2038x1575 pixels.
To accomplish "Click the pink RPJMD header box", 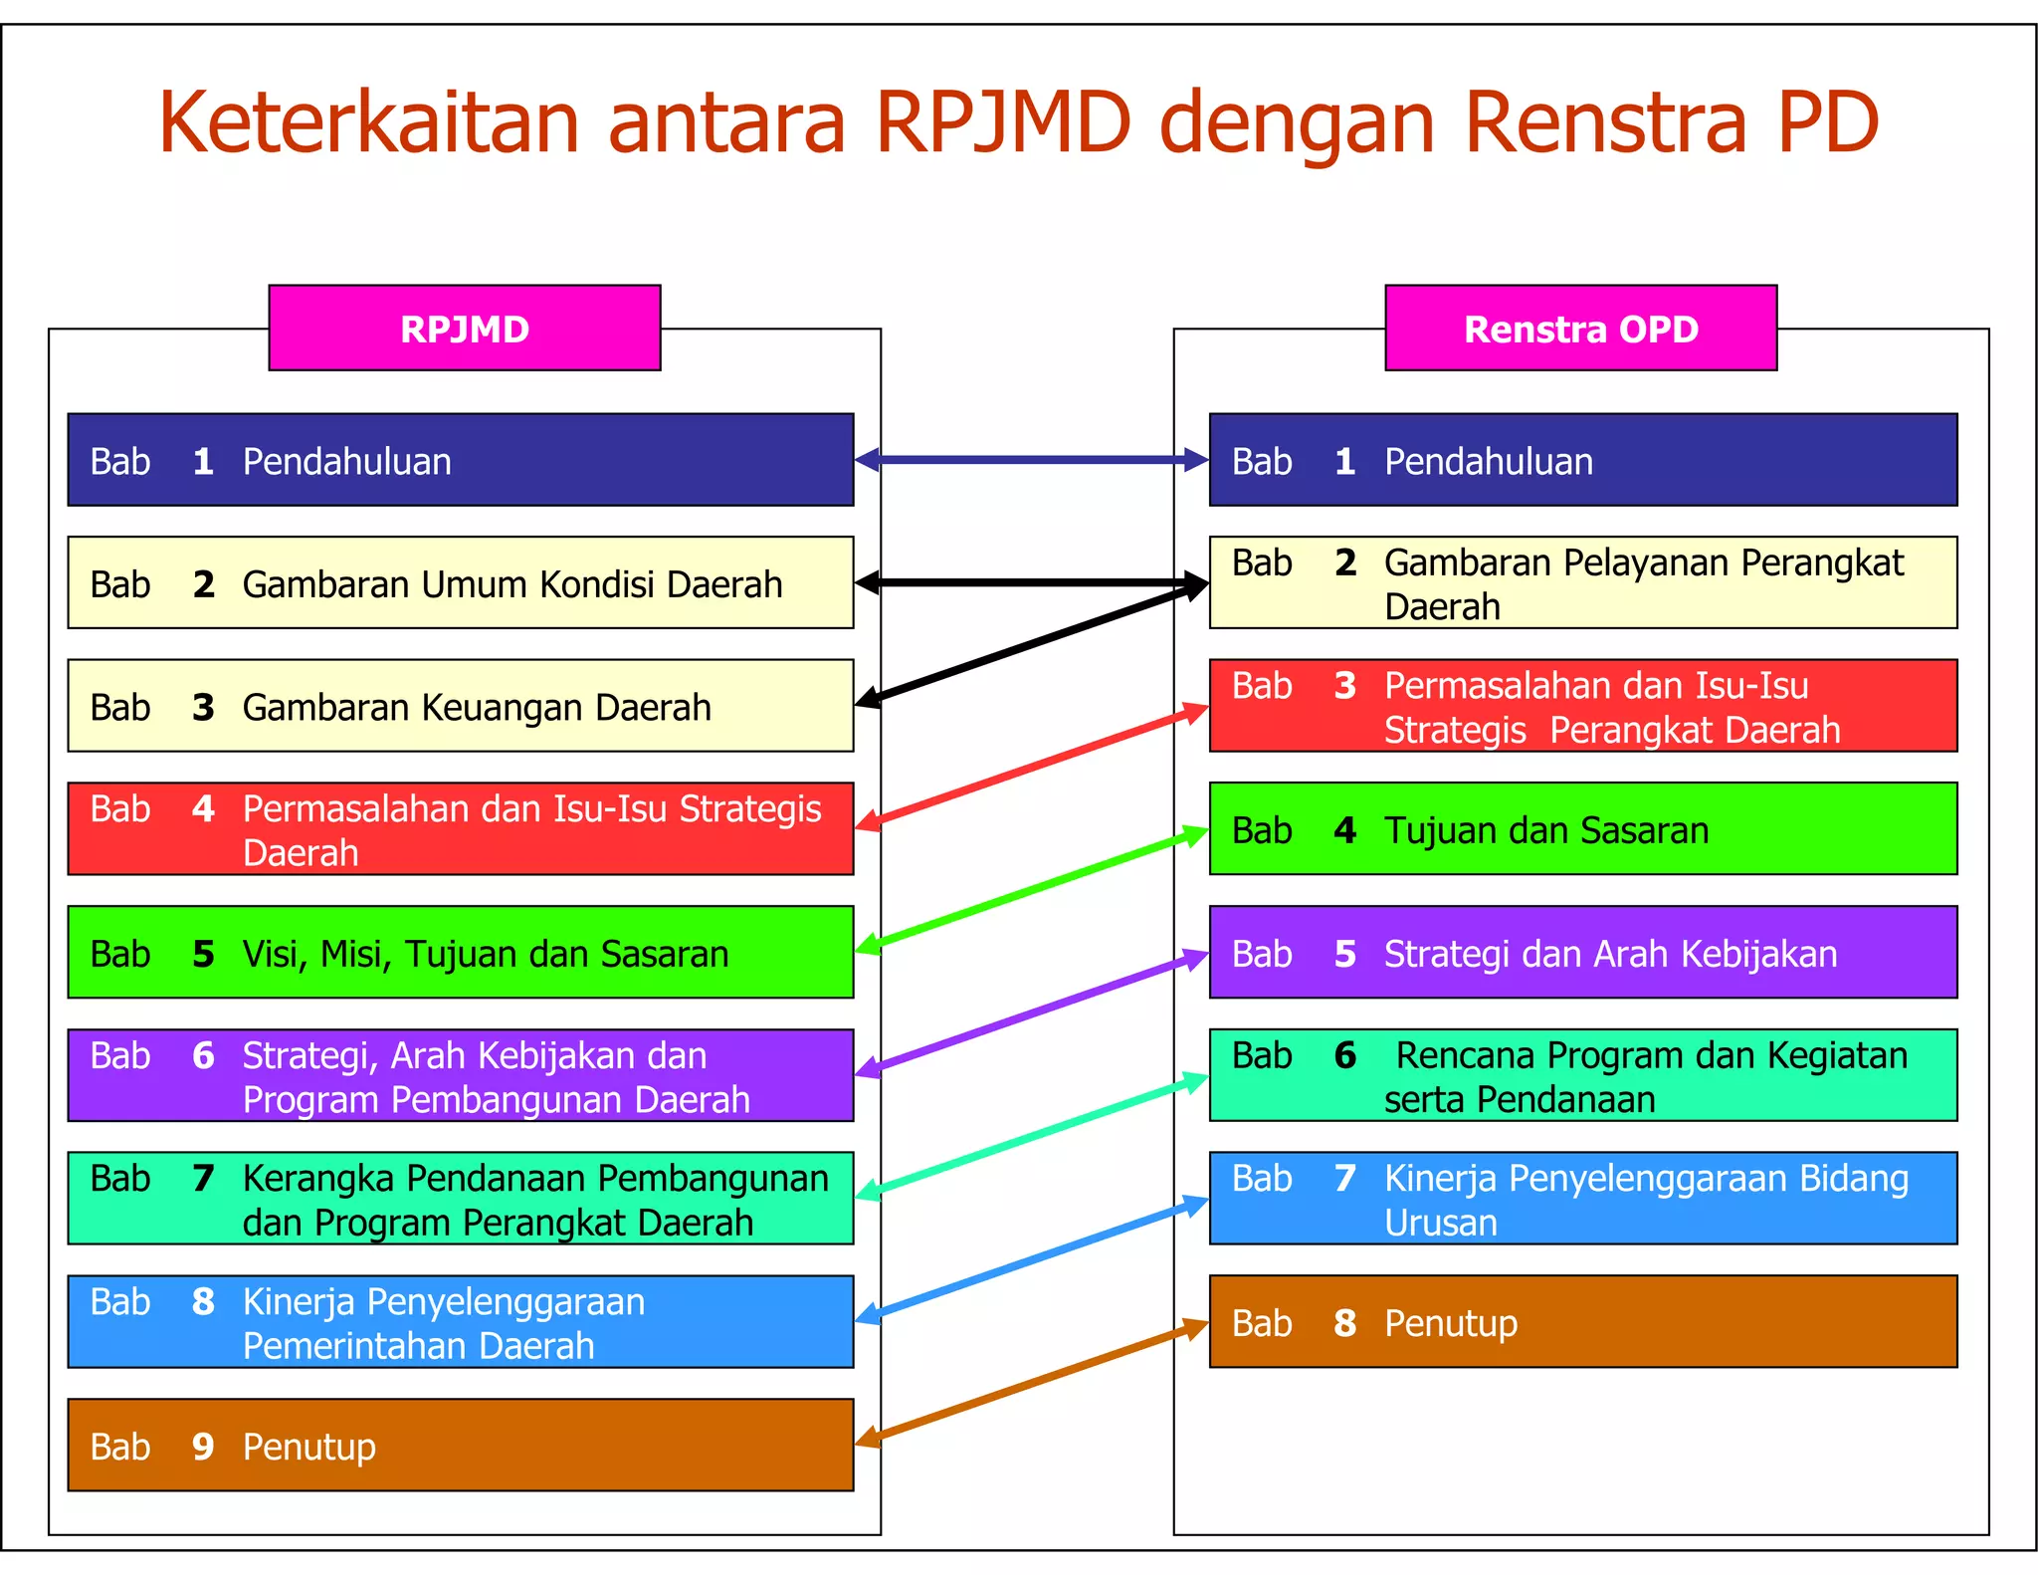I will pyautogui.click(x=464, y=329).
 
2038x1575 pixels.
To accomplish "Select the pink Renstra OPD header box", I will pyautogui.click(x=1580, y=329).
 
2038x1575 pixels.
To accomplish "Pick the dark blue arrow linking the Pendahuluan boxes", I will pyautogui.click(x=1031, y=460).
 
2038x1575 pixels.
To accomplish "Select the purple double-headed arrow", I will pyautogui.click(x=1031, y=1014).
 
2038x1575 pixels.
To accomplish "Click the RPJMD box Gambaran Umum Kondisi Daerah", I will pyautogui.click(x=460, y=583).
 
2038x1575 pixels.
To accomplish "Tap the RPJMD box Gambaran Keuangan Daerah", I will pyautogui.click(x=460, y=706).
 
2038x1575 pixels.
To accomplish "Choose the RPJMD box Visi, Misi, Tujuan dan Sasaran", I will pyautogui.click(x=460, y=953).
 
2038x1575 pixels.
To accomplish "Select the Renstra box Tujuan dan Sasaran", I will pyautogui.click(x=1582, y=829).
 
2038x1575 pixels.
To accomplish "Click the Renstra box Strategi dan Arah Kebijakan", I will pyautogui.click(x=1582, y=953).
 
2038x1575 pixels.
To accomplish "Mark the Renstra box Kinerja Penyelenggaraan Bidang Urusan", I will pyautogui.click(x=1582, y=1199).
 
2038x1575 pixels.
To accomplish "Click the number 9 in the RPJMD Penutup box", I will pyautogui.click(x=203, y=1446).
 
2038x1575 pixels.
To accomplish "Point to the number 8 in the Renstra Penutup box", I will pyautogui.click(x=1344, y=1323).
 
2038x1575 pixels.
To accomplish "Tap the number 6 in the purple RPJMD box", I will pyautogui.click(x=203, y=1055).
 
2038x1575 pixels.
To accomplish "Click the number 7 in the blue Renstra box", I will pyautogui.click(x=1344, y=1178).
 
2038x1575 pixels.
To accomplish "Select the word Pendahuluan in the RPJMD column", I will pyautogui.click(x=346, y=462).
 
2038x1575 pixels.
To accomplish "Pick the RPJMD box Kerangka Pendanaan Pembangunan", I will pyautogui.click(x=460, y=1199).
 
